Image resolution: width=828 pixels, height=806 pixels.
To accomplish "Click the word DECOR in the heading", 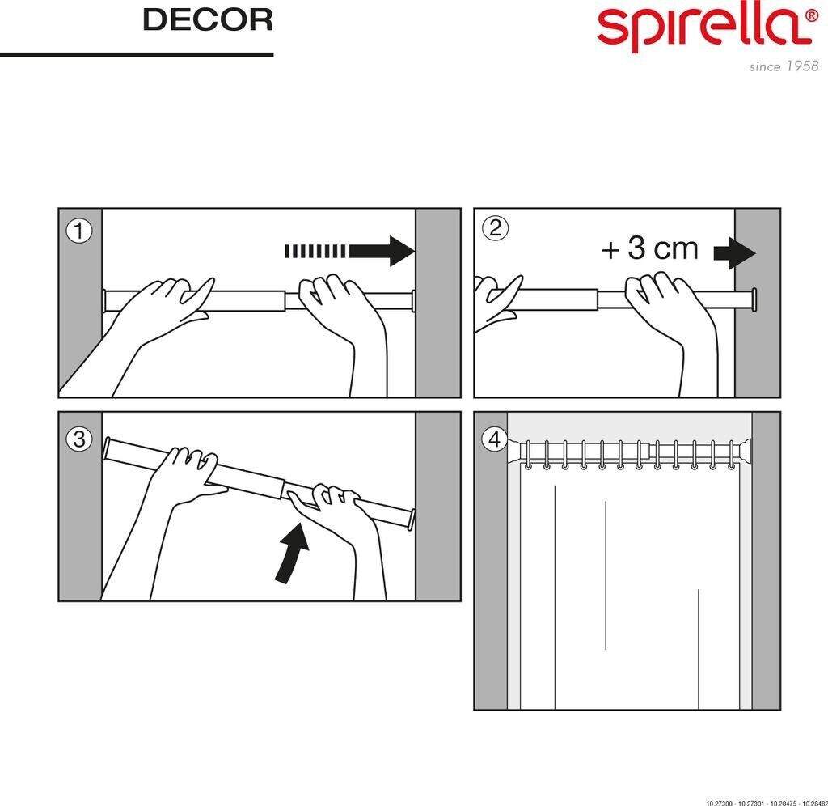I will (207, 20).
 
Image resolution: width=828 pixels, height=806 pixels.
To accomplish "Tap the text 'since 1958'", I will (783, 66).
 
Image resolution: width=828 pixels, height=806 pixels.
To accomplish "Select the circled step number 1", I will (78, 231).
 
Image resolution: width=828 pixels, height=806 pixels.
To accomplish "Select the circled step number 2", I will (494, 229).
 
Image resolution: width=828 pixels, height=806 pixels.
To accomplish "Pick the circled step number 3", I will (78, 439).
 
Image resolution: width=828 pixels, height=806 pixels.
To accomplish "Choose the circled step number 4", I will (494, 439).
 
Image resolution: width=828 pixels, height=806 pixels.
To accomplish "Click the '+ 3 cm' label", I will (649, 248).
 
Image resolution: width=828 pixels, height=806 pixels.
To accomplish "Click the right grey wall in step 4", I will (766, 566).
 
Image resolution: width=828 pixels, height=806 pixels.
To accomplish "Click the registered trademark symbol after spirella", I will (811, 14).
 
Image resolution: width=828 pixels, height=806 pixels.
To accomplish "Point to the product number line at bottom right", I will (766, 802).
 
